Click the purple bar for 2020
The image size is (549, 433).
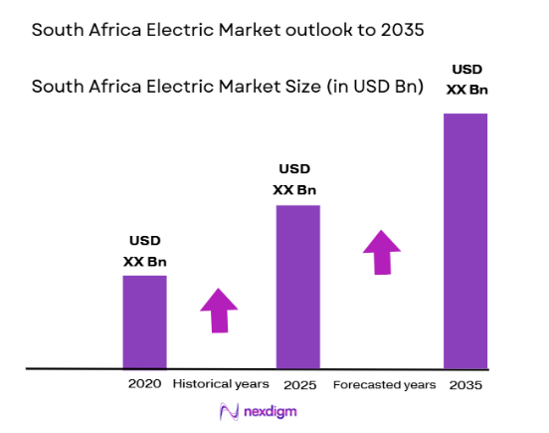pos(144,322)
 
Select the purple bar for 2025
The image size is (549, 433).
pos(297,287)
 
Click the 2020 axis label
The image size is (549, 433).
pos(144,383)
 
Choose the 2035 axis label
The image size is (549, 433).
pos(464,384)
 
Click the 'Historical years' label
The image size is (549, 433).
pos(221,383)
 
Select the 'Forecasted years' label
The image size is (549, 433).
pos(384,384)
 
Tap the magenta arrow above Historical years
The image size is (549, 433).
pos(219,311)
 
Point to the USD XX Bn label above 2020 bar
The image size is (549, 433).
pos(143,252)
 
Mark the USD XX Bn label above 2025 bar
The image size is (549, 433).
pos(296,180)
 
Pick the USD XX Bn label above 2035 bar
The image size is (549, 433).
pos(467,80)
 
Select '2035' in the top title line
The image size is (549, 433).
pos(401,30)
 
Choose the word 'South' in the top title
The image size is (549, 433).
pos(56,30)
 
